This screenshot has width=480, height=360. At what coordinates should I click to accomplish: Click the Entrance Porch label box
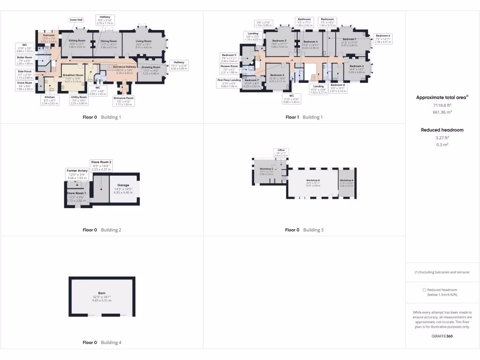[x=124, y=101]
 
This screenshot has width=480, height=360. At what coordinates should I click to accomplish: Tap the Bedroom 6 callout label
[x=382, y=39]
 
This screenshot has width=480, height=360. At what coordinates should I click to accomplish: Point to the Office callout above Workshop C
[x=281, y=152]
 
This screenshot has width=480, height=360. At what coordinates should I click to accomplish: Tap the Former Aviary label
[x=77, y=173]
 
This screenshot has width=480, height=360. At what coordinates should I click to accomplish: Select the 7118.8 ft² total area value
[x=442, y=106]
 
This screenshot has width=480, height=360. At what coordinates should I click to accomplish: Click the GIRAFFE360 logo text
[x=442, y=336]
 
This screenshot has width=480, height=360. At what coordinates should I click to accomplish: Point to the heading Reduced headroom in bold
[x=442, y=130]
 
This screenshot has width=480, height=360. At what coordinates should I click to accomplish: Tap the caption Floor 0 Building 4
[x=102, y=343]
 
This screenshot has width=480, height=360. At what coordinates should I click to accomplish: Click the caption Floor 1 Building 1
[x=304, y=117]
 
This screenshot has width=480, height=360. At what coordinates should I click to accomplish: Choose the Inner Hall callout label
[x=76, y=20]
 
